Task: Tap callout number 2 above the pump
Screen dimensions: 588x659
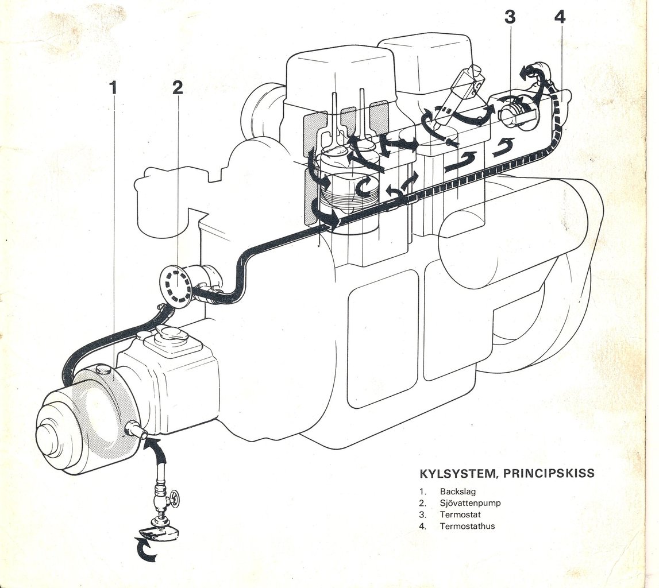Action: pyautogui.click(x=178, y=87)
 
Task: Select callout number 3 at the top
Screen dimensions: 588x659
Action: pyautogui.click(x=510, y=17)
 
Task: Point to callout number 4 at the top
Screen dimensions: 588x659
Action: pyautogui.click(x=560, y=17)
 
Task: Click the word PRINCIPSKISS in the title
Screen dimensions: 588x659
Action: pyautogui.click(x=549, y=474)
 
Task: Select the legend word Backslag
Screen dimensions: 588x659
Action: pyautogui.click(x=458, y=492)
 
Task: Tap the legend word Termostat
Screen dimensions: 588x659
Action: pyautogui.click(x=460, y=514)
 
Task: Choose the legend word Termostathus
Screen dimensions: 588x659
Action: pyautogui.click(x=467, y=526)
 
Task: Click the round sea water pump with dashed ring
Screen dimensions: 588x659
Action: pyautogui.click(x=175, y=286)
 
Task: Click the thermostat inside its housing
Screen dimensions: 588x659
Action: pyautogui.click(x=515, y=112)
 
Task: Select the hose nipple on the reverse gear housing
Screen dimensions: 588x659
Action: pyautogui.click(x=136, y=430)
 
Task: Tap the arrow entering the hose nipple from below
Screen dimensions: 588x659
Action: pyautogui.click(x=157, y=450)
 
